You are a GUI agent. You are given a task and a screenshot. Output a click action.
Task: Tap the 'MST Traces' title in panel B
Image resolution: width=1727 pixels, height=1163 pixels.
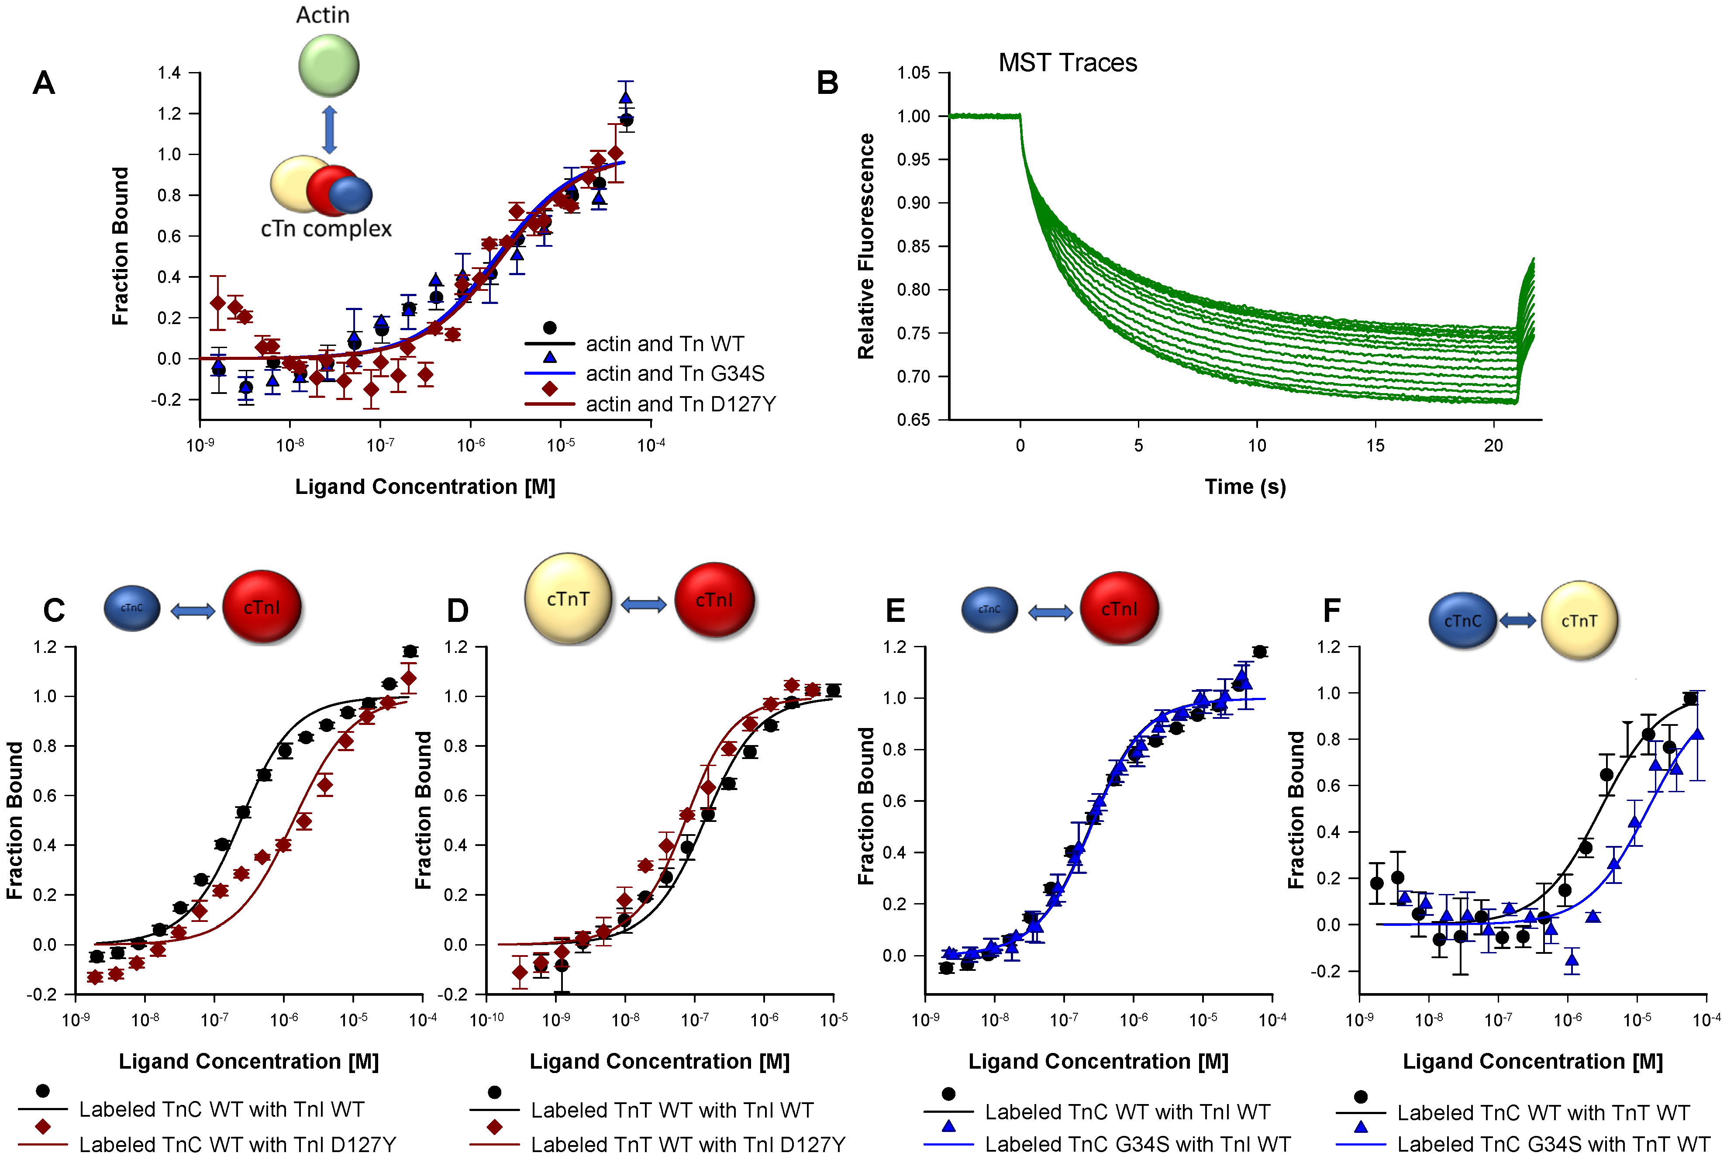(1067, 63)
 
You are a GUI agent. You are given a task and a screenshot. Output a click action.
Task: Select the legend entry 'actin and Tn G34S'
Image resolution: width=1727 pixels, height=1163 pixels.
(675, 374)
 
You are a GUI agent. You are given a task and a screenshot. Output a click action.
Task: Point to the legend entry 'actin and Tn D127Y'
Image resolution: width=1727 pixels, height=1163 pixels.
(680, 404)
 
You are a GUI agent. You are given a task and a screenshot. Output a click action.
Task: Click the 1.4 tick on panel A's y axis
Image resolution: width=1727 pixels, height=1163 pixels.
(169, 72)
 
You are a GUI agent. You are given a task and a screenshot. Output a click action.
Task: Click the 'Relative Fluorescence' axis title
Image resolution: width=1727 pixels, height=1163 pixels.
(866, 246)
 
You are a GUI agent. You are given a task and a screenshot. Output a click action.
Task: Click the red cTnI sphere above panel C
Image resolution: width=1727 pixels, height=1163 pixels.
(262, 607)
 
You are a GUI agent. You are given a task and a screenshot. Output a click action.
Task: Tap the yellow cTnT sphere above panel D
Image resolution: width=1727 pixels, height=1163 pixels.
(568, 599)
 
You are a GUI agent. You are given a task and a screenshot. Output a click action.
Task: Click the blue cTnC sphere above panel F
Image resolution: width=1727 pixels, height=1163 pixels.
(1462, 621)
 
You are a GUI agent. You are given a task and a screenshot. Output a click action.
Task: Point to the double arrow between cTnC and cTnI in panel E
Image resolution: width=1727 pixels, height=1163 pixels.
(1050, 612)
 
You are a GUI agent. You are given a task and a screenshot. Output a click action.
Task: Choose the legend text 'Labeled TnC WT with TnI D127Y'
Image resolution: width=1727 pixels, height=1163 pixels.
(237, 1145)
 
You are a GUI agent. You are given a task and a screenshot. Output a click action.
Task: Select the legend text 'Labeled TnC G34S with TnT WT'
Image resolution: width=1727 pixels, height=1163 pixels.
(1554, 1145)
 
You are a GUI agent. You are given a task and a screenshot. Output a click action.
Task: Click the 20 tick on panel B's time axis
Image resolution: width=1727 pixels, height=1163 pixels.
(1493, 446)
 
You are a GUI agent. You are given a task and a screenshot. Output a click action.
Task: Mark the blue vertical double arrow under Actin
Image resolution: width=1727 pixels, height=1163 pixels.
(329, 130)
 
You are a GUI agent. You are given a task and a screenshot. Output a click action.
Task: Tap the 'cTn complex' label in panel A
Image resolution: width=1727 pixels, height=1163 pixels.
(326, 228)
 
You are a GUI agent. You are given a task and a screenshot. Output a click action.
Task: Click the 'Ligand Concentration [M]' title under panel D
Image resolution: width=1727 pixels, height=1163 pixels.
(659, 1061)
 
